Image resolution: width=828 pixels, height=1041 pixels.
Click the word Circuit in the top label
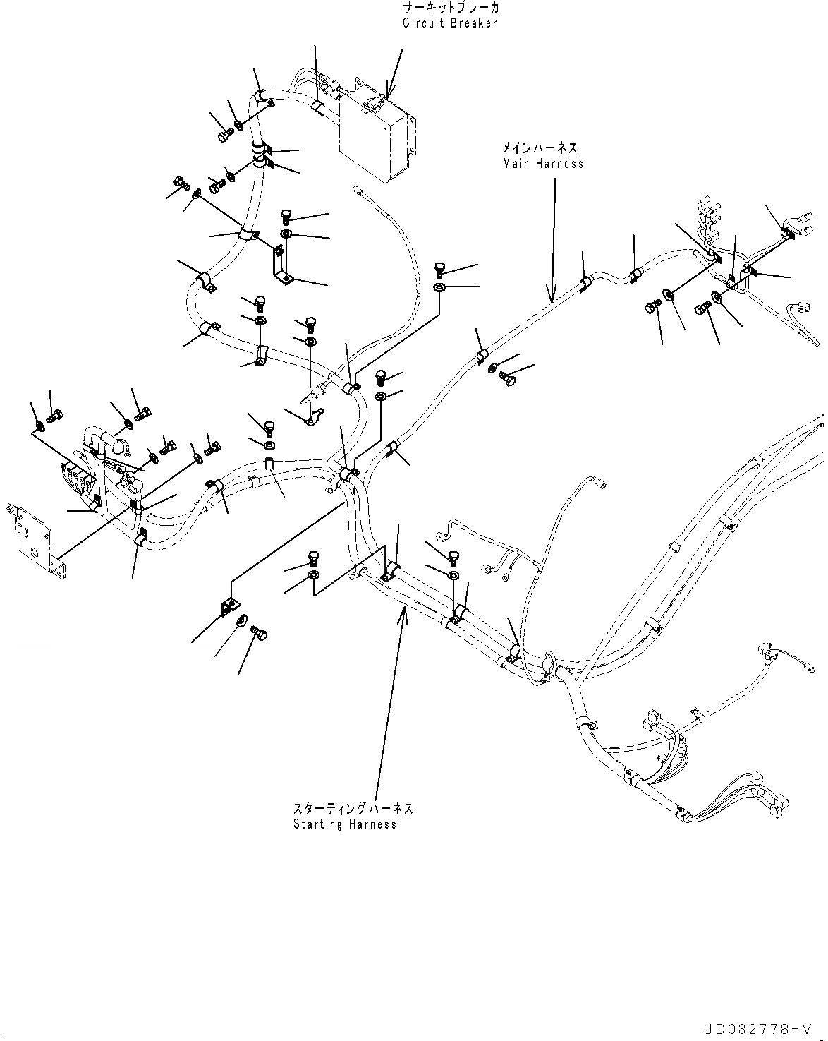[421, 23]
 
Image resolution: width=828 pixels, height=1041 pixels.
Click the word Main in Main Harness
[516, 164]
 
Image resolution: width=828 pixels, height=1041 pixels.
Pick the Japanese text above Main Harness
[540, 148]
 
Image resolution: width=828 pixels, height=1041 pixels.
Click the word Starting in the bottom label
[316, 824]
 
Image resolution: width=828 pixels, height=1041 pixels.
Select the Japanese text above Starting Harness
[353, 809]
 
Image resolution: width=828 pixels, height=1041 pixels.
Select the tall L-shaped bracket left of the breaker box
[281, 265]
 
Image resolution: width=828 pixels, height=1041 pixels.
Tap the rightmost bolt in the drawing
[705, 308]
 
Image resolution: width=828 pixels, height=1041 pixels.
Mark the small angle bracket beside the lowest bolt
[229, 606]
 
